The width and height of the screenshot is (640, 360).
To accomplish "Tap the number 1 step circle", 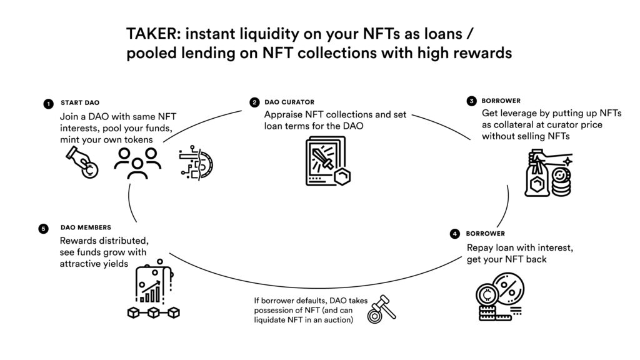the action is (48, 104).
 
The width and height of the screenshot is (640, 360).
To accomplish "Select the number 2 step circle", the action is (254, 102).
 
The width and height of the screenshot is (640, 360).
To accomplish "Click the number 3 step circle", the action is (471, 101).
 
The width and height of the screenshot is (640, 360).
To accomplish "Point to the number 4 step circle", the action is (455, 234).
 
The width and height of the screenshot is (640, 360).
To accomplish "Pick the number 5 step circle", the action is (43, 229).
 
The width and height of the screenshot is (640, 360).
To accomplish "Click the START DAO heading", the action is (80, 103).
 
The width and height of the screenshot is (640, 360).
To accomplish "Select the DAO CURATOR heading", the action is (289, 102).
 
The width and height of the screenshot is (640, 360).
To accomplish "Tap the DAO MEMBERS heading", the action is (86, 227).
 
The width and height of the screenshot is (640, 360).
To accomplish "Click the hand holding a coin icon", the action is (82, 163).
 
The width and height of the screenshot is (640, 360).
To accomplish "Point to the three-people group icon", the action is (137, 163).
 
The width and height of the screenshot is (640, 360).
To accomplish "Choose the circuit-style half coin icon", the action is (196, 162).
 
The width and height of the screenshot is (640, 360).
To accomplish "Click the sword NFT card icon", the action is (327, 161).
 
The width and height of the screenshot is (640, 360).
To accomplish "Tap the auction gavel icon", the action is (382, 309).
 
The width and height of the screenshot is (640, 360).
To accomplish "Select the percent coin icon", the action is (500, 297).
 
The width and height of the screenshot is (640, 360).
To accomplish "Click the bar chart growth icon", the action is (154, 282).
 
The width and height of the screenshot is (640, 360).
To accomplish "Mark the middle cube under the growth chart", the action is (154, 312).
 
